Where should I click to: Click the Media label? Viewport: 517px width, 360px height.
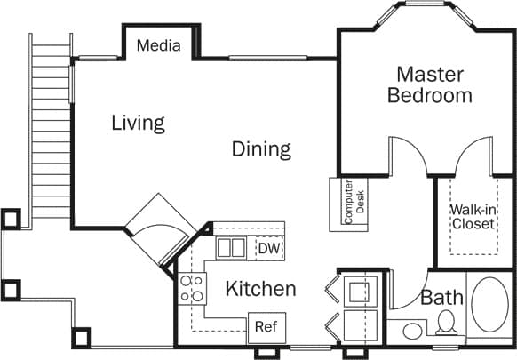159,45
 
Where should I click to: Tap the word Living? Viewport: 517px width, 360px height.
138,123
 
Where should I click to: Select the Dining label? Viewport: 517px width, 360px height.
261,148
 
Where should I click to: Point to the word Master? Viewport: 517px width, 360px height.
430,74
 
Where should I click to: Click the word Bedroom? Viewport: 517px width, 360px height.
430,95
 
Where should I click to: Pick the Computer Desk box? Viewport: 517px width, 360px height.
348,204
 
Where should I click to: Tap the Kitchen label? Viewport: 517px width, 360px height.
259,289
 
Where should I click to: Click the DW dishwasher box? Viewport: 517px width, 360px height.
268,248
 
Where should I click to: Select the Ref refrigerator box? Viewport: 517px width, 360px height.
266,326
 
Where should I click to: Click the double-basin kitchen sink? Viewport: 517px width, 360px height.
231,248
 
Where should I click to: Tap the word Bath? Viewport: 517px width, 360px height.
441,298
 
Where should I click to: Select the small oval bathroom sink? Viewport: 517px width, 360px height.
412,332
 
